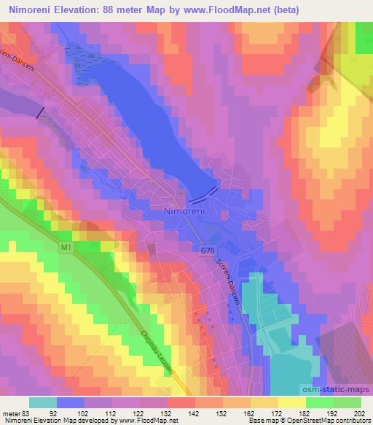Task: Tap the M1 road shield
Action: [66, 249]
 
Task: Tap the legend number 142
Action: [195, 413]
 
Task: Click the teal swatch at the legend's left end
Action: [42, 402]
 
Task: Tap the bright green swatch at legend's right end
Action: [347, 402]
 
